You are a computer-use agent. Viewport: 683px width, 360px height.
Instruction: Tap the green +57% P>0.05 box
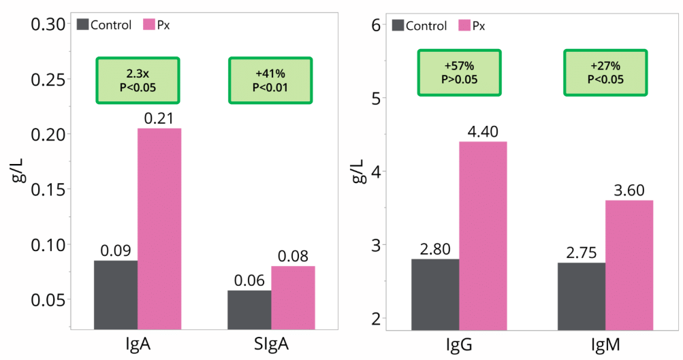(x=460, y=72)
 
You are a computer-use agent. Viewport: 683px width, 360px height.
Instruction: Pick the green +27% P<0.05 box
(x=605, y=72)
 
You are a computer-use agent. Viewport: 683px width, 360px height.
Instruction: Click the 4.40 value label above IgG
(x=483, y=129)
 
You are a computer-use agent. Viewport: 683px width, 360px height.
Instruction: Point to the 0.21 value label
(x=159, y=118)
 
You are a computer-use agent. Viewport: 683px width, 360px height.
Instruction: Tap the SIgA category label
(x=271, y=345)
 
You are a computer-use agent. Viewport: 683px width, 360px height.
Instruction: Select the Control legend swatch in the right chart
(x=398, y=25)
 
